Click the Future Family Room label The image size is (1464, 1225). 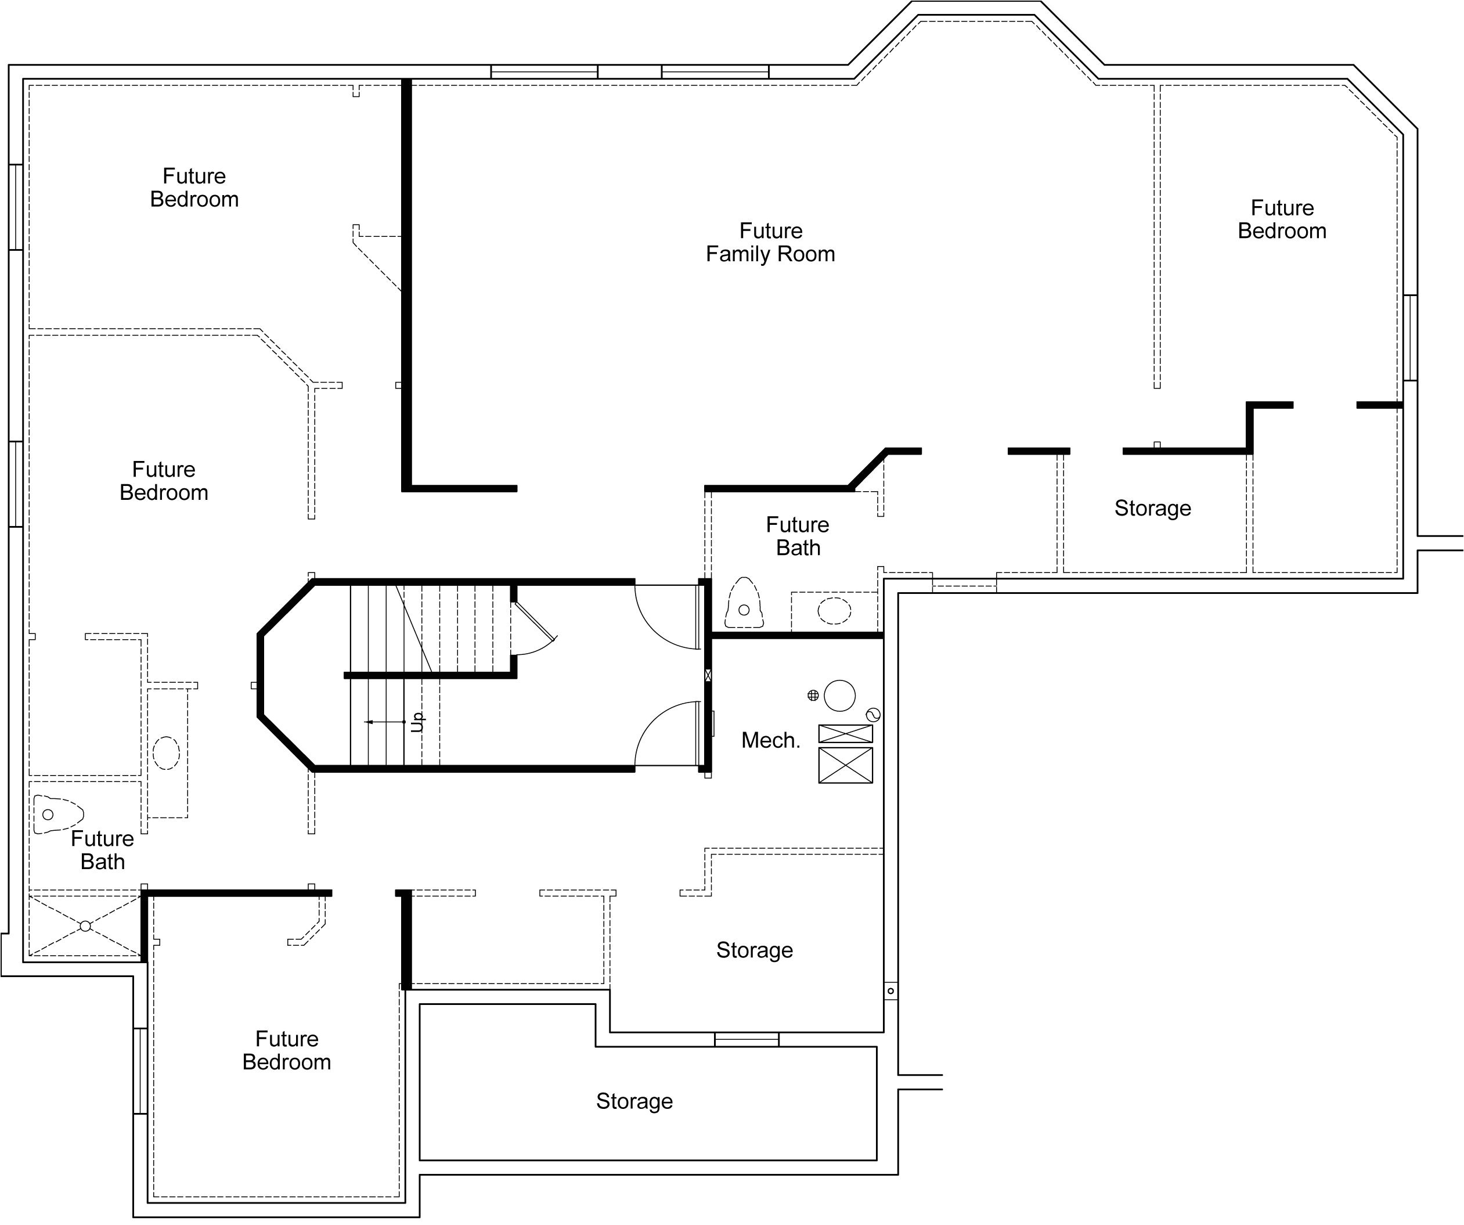pyautogui.click(x=770, y=242)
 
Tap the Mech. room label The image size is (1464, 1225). pyautogui.click(x=770, y=740)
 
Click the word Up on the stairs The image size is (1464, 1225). pyautogui.click(x=417, y=722)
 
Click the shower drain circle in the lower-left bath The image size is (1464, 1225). pyautogui.click(x=85, y=926)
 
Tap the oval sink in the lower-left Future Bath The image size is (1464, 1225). pyautogui.click(x=166, y=753)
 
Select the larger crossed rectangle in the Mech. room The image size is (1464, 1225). pyautogui.click(x=846, y=766)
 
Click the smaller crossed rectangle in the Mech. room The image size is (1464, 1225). pyautogui.click(x=846, y=733)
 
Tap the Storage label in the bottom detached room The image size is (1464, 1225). pyautogui.click(x=634, y=1101)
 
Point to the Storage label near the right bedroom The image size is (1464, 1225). pyautogui.click(x=1153, y=508)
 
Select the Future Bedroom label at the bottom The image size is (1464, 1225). pyautogui.click(x=287, y=1050)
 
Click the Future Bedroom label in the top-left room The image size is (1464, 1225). pyautogui.click(x=194, y=188)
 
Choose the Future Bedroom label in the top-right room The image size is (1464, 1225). pyautogui.click(x=1282, y=219)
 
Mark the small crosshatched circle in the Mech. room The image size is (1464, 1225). pyautogui.click(x=813, y=695)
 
